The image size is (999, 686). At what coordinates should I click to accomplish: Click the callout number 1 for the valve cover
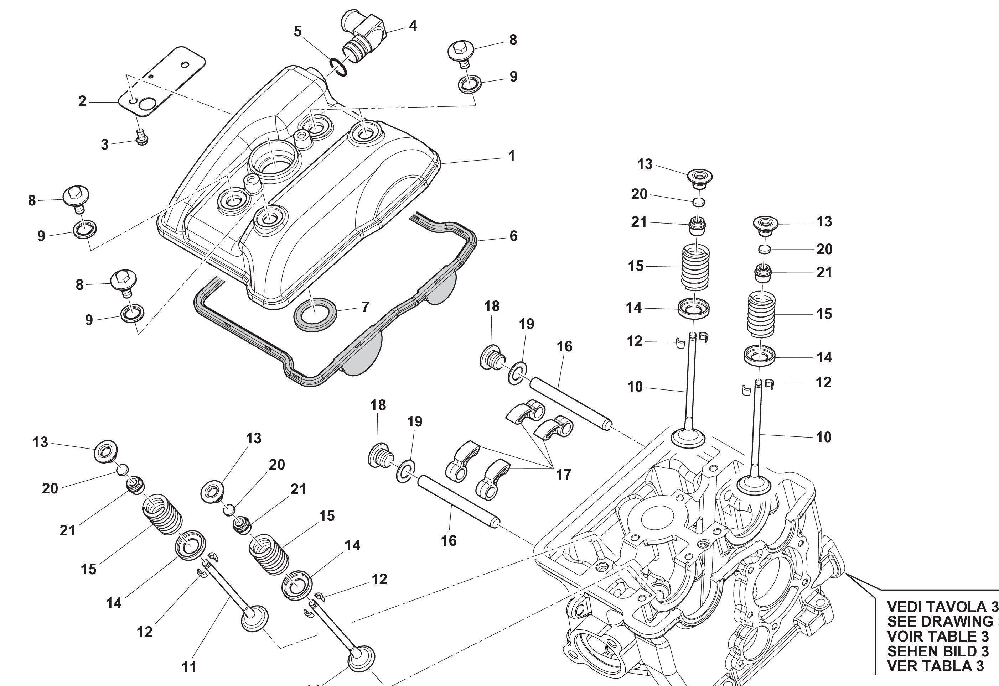pyautogui.click(x=511, y=156)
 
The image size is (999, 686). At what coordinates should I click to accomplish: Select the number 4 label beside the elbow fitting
pyautogui.click(x=413, y=26)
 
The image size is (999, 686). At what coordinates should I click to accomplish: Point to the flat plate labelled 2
pyautogui.click(x=164, y=82)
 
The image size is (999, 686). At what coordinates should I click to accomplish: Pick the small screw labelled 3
pyautogui.click(x=142, y=138)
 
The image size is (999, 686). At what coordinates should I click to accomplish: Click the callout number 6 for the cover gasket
pyautogui.click(x=513, y=236)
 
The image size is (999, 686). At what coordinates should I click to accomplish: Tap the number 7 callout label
pyautogui.click(x=365, y=307)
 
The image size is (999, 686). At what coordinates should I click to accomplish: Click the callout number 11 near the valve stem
pyautogui.click(x=189, y=667)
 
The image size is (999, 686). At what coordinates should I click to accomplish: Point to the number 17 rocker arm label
pyautogui.click(x=563, y=475)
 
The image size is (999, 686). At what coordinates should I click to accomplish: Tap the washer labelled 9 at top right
pyautogui.click(x=470, y=84)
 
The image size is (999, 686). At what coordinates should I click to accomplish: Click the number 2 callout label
pyautogui.click(x=82, y=101)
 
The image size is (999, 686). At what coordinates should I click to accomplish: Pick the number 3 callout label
pyautogui.click(x=104, y=145)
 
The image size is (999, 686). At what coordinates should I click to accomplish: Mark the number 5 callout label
pyautogui.click(x=297, y=31)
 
